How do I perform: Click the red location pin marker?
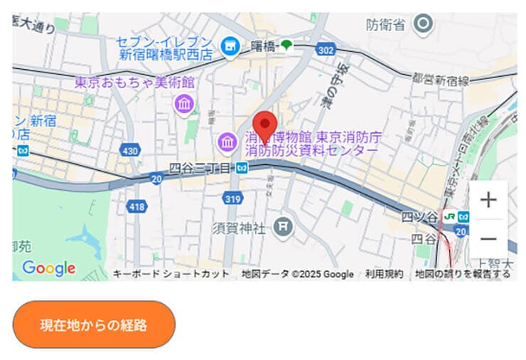(x=265, y=126)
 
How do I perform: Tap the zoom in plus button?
(x=488, y=200)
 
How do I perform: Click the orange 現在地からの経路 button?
(x=94, y=325)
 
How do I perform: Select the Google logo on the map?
(x=48, y=268)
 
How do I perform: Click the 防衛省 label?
(x=386, y=25)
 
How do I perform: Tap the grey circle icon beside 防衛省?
(x=424, y=24)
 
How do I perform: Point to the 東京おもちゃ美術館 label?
(x=135, y=83)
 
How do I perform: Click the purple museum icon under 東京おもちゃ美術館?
(x=184, y=104)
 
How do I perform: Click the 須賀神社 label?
(x=239, y=228)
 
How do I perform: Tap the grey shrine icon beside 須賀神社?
(x=284, y=227)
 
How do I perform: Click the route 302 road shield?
(x=326, y=50)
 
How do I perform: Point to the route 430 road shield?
(x=130, y=151)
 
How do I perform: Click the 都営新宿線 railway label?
(x=441, y=80)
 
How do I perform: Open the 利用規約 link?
(x=385, y=274)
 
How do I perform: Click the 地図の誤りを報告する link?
(x=463, y=274)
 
